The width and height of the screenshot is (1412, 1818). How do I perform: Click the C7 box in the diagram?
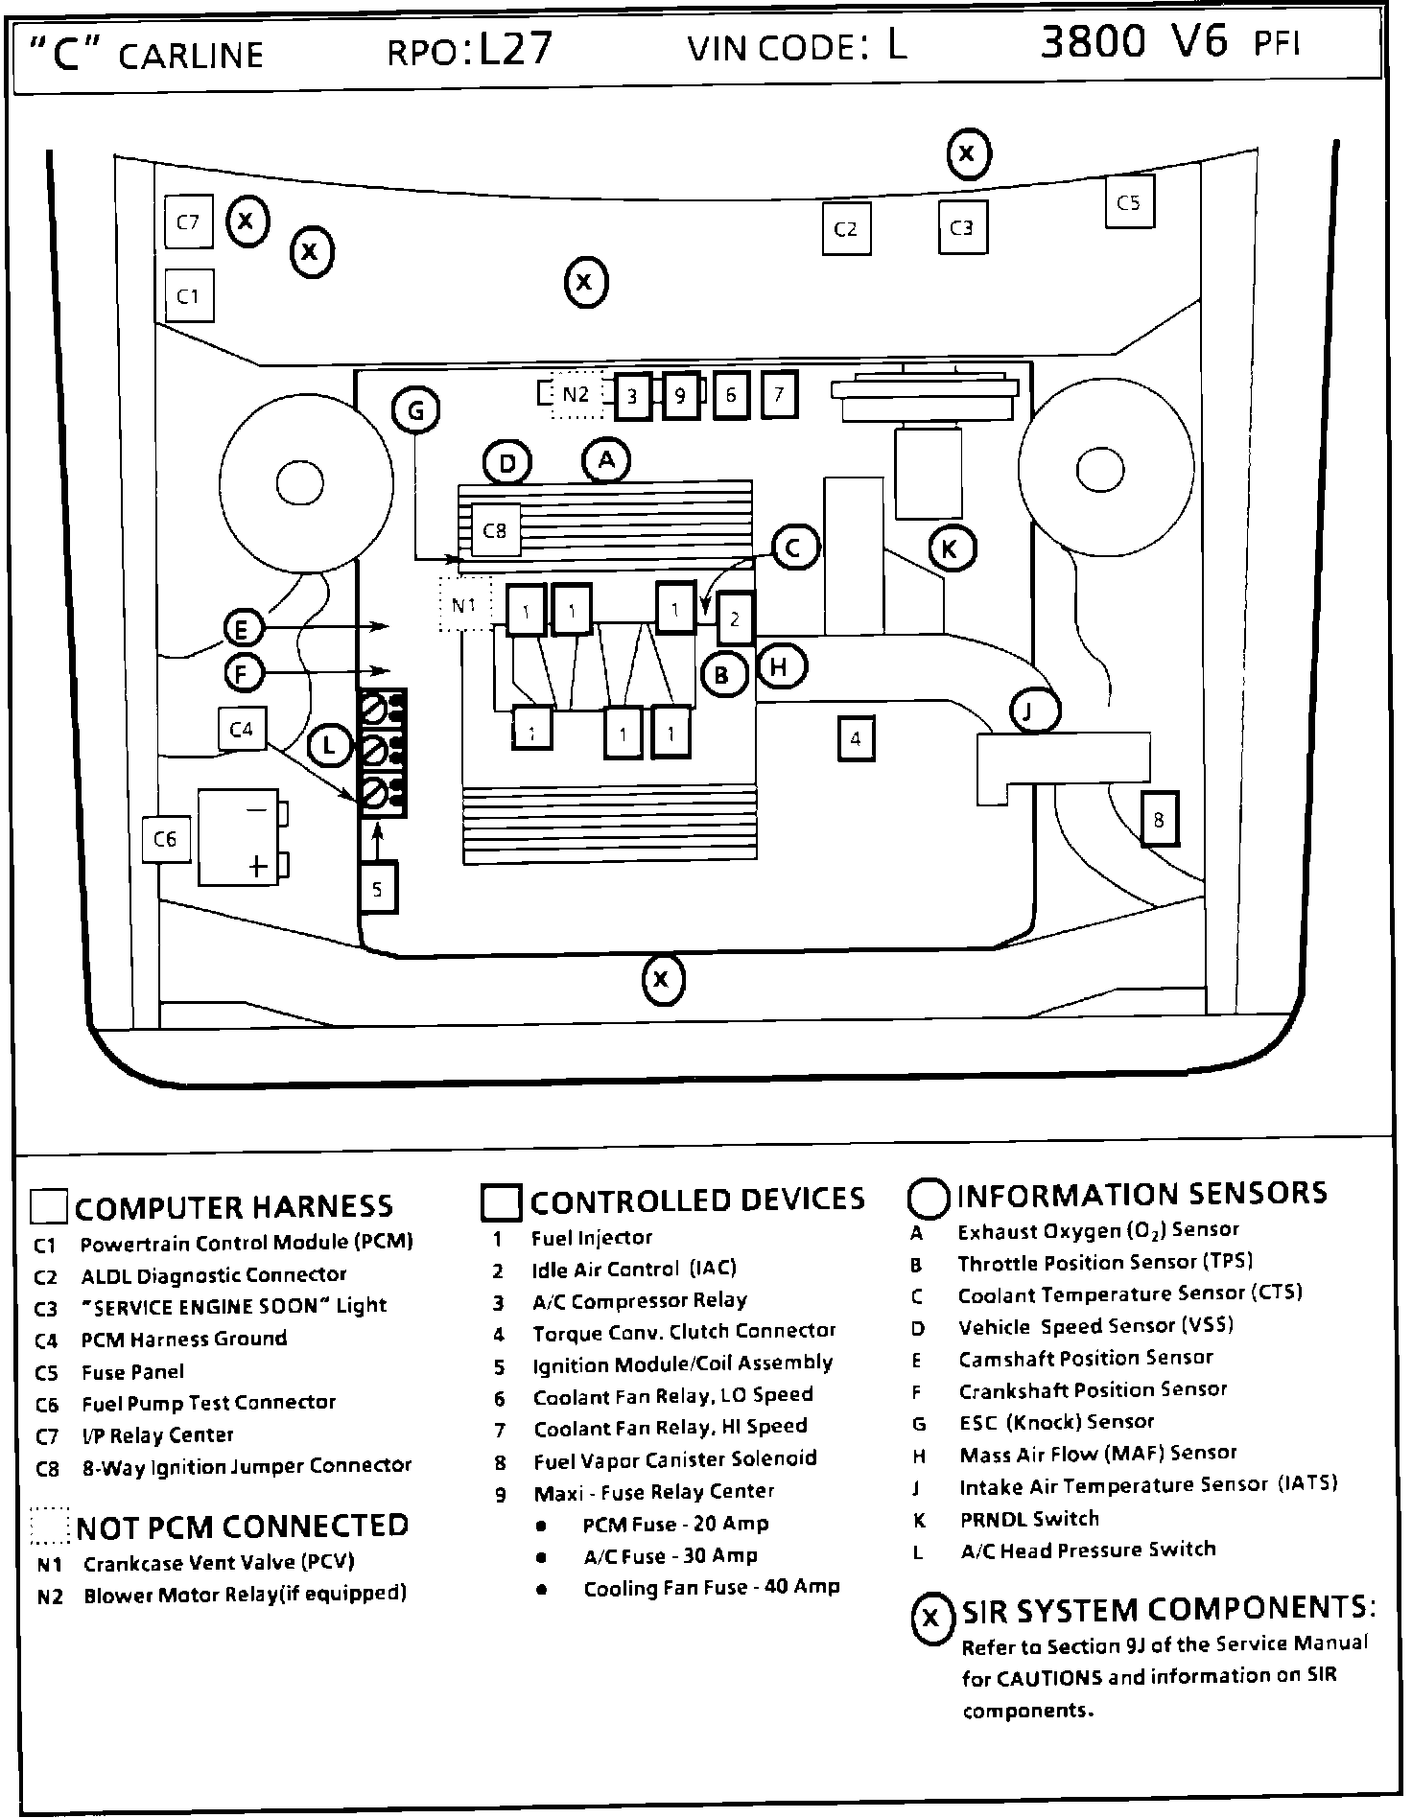188,221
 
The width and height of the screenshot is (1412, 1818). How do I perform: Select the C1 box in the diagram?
189,295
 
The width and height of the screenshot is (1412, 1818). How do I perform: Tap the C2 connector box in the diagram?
846,228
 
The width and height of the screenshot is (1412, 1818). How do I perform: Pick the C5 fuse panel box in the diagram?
1129,201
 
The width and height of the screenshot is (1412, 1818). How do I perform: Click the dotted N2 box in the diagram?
577,394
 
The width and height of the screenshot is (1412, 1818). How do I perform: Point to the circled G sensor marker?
415,410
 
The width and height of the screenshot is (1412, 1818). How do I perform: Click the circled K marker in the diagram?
951,548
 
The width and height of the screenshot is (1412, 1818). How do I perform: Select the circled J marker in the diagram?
1035,711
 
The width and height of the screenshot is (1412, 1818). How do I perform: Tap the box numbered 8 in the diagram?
1159,820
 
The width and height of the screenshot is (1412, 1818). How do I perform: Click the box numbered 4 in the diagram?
856,738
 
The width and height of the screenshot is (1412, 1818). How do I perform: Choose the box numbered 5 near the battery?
377,888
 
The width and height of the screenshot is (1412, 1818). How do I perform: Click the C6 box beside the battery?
165,839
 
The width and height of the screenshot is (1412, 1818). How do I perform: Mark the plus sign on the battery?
257,867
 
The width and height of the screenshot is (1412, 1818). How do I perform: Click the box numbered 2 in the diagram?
735,618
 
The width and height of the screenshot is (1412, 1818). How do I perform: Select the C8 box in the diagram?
495,529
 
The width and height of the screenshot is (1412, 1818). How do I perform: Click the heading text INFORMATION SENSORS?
1142,1193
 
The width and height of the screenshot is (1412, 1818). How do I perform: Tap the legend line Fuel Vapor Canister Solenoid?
675,1458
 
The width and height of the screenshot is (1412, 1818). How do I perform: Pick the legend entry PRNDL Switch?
1029,1518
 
